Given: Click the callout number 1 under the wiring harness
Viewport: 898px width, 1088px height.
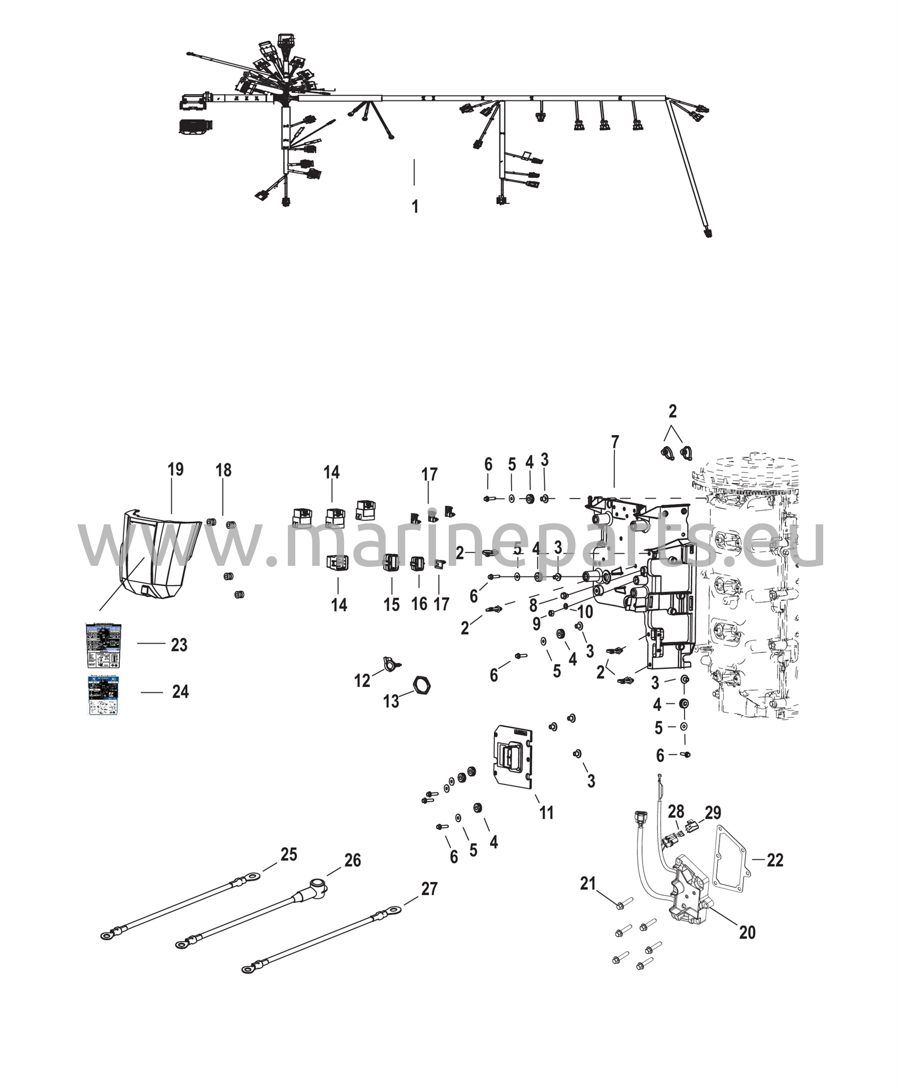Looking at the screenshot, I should [415, 207].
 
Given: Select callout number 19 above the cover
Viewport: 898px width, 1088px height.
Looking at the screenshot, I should [175, 470].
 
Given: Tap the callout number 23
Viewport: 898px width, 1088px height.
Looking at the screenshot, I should [179, 645].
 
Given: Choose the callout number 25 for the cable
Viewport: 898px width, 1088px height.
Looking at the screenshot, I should [289, 855].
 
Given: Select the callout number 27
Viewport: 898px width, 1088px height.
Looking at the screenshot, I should [429, 888].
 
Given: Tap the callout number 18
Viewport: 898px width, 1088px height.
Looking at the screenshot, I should [224, 470].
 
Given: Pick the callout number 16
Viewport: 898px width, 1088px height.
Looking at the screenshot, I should [419, 604].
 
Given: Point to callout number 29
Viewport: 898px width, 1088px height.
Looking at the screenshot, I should [713, 813].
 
